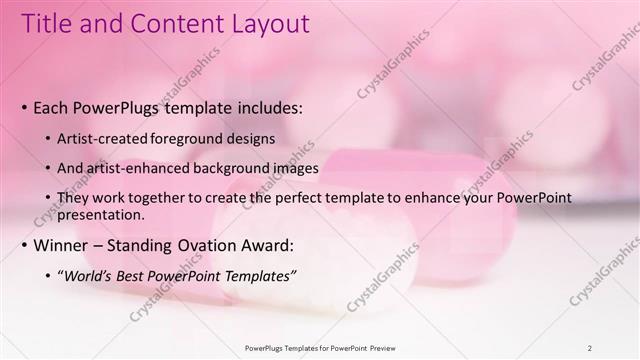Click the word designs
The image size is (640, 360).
pyautogui.click(x=248, y=138)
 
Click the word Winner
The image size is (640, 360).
pyautogui.click(x=62, y=245)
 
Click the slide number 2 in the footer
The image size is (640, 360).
pyautogui.click(x=589, y=348)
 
